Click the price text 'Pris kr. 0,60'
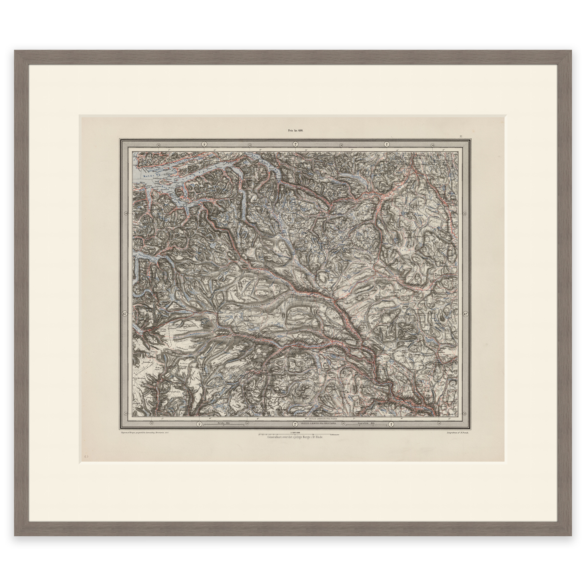295,130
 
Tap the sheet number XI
461,136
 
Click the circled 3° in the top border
204,144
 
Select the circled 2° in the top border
295,144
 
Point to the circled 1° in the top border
387,144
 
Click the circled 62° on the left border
125,314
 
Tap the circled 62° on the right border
466,314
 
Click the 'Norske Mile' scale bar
223,424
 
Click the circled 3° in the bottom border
200,424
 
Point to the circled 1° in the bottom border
391,424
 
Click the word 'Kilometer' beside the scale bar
335,435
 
